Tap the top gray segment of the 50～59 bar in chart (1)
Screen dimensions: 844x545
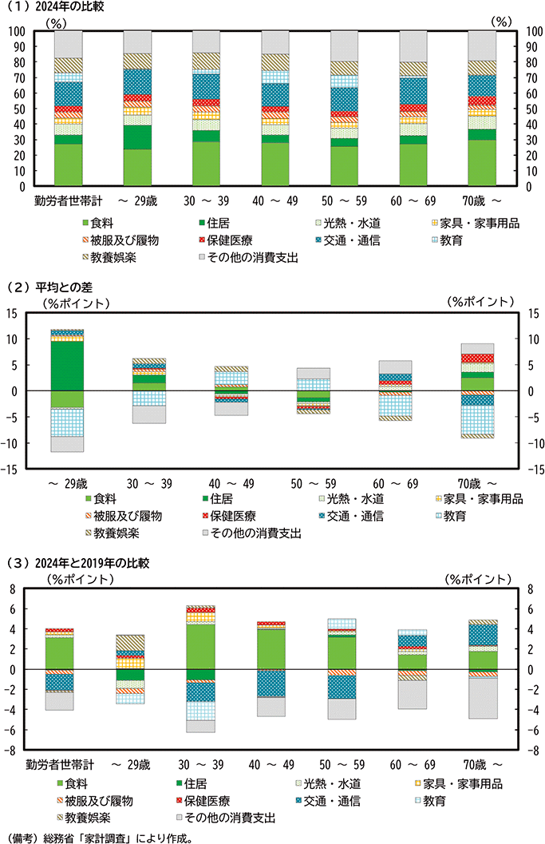click(345, 46)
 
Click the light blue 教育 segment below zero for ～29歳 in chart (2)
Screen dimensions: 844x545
click(68, 422)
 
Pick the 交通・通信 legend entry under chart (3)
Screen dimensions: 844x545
click(350, 801)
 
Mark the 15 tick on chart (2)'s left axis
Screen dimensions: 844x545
click(14, 313)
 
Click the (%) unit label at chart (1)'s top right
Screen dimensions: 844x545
click(501, 22)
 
